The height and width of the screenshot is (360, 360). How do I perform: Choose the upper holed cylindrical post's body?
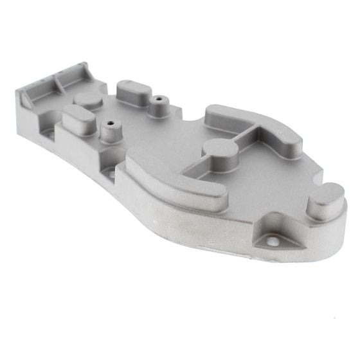(157, 107)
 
